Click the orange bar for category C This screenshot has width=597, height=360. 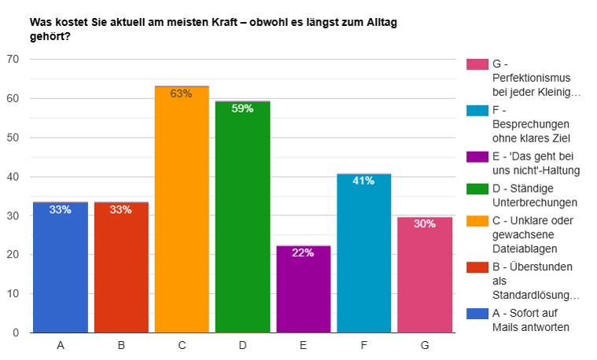click(x=182, y=212)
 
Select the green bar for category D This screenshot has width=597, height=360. click(x=242, y=220)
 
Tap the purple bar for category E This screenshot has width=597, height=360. click(x=303, y=291)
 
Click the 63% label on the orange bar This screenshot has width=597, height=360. click(x=182, y=94)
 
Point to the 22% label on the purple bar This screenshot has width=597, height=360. click(x=303, y=253)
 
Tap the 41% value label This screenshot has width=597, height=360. click(x=363, y=181)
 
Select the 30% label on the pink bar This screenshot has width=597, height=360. click(x=425, y=224)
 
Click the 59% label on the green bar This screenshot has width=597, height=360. click(x=242, y=108)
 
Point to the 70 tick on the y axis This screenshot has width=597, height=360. click(x=13, y=60)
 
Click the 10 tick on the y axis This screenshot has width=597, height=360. click(x=13, y=294)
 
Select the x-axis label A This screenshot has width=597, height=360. click(x=61, y=345)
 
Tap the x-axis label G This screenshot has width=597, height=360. click(x=425, y=345)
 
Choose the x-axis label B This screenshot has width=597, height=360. click(x=121, y=345)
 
